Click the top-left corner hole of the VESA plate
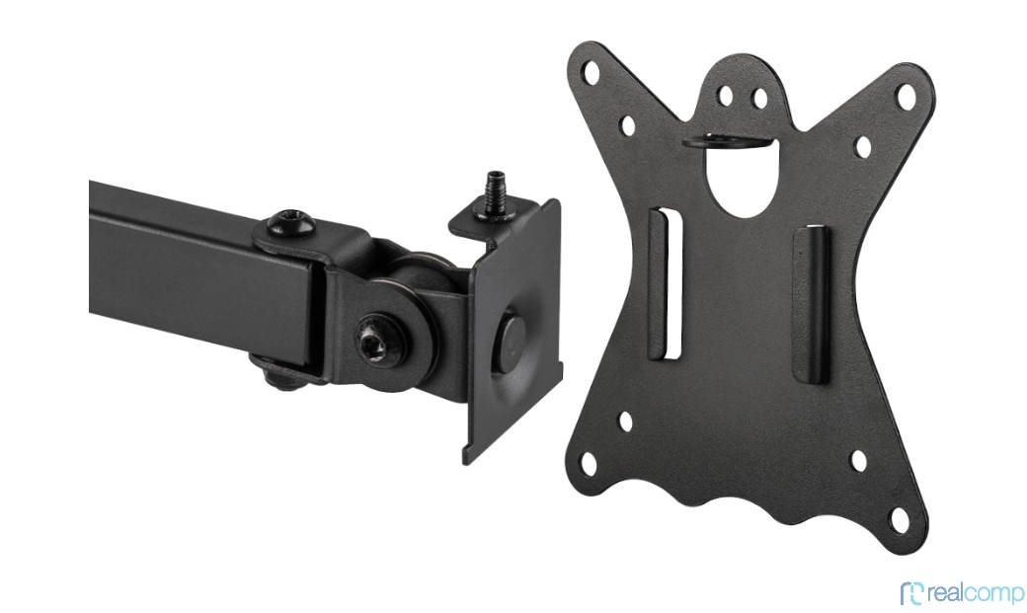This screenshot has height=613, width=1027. (x=591, y=71)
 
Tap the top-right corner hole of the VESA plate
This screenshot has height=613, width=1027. (x=906, y=97)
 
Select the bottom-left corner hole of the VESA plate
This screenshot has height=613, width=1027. (x=589, y=463)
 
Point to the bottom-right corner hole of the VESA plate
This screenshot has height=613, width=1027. (x=899, y=520)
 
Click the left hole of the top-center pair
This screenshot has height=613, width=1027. (x=725, y=96)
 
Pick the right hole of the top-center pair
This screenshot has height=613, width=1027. (x=759, y=99)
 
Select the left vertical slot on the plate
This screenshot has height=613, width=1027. (x=666, y=283)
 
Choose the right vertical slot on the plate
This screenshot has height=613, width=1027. (x=812, y=305)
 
